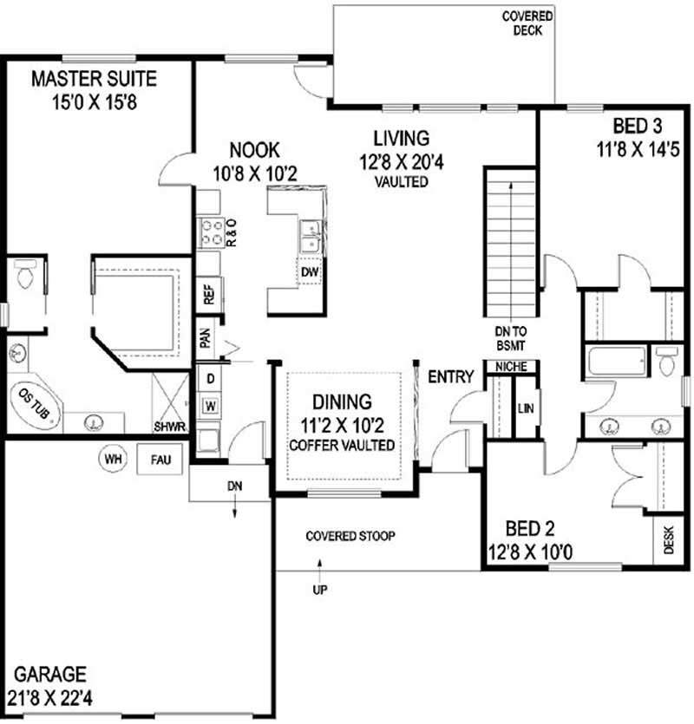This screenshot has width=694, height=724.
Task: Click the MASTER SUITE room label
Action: [95, 80]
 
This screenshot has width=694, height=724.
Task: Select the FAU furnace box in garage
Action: [160, 459]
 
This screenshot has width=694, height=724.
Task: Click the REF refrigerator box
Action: [209, 295]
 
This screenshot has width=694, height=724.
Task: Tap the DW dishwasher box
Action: [310, 273]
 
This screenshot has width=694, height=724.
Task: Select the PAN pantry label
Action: [206, 336]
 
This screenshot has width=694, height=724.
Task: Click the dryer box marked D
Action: [209, 378]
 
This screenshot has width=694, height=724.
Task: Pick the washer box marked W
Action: [209, 404]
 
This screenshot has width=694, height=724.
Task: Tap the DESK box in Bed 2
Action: [668, 542]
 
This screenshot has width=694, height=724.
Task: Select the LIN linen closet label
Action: [525, 408]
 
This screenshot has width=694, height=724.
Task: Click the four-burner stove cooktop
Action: [213, 232]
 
